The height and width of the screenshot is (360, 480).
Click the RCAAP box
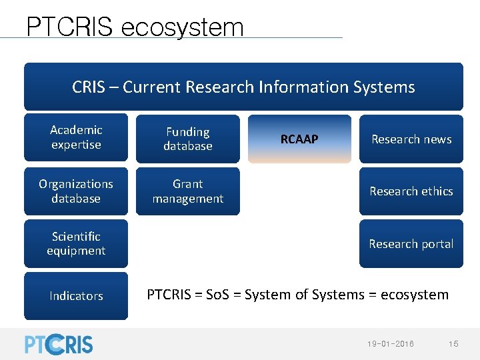[299, 139]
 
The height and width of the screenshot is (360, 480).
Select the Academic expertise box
[76, 137]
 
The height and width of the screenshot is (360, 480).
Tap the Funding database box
[188, 139]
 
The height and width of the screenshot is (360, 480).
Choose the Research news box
[411, 139]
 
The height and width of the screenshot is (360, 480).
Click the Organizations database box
[76, 191]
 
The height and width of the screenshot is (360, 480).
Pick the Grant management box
[188, 191]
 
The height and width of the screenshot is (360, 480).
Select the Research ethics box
[411, 191]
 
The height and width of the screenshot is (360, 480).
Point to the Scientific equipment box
[76, 243]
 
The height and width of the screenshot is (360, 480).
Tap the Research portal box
[411, 243]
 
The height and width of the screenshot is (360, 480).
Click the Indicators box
[76, 295]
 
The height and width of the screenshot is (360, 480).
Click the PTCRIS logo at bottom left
[59, 343]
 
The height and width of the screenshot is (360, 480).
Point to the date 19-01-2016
[390, 343]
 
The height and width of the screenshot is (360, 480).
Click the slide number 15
[453, 343]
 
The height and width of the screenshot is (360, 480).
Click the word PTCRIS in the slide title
[70, 27]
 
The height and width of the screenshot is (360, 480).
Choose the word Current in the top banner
[151, 87]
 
